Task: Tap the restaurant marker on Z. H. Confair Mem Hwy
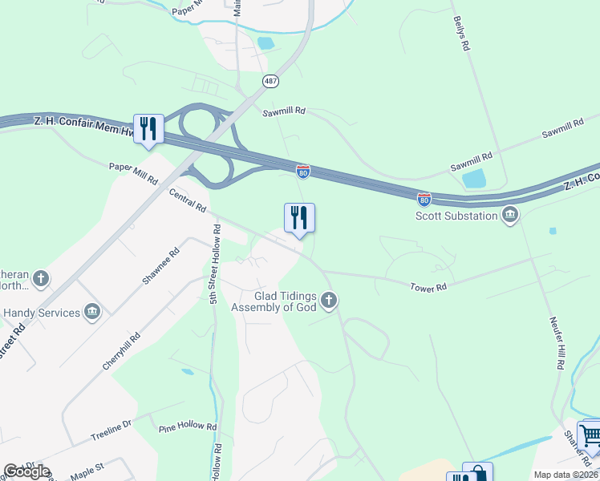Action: (x=148, y=129)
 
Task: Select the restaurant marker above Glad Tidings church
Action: (x=299, y=218)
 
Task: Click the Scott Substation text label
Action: (x=456, y=216)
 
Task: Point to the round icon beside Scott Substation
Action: (x=510, y=215)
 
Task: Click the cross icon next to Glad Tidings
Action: (x=328, y=301)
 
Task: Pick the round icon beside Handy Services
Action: (x=91, y=312)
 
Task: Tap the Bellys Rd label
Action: (x=460, y=34)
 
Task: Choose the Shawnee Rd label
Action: (x=160, y=265)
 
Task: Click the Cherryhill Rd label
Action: (x=121, y=350)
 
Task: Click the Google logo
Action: (x=26, y=471)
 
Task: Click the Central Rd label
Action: (x=188, y=200)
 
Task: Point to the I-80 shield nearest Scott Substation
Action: (x=424, y=198)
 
